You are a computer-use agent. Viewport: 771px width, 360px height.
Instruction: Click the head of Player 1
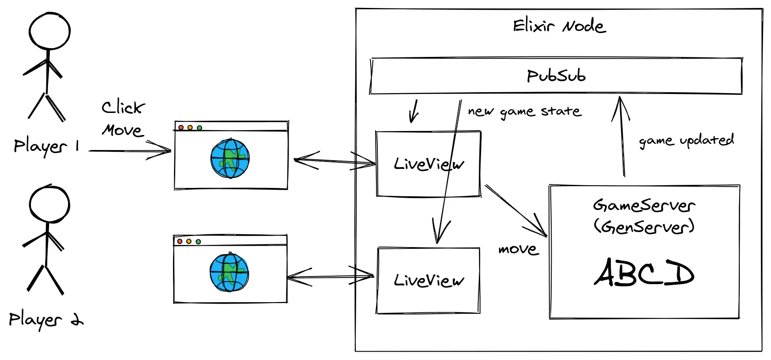tap(49, 31)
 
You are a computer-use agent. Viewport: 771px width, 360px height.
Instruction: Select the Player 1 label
tap(46, 146)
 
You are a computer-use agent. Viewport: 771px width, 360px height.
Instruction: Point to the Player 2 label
tap(45, 319)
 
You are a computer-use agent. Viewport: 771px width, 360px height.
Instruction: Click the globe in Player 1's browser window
tap(230, 158)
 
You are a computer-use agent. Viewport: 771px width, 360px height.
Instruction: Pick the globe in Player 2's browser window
tap(229, 272)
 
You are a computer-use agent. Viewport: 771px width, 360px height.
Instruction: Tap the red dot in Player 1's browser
tap(181, 127)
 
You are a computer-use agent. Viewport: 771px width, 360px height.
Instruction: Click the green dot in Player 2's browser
tap(198, 242)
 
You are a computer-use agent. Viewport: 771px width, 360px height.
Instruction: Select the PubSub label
tap(556, 76)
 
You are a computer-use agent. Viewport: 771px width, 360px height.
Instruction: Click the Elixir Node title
tap(559, 26)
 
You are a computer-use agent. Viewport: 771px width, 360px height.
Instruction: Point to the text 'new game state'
tap(525, 112)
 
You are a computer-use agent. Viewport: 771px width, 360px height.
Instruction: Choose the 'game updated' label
tap(686, 141)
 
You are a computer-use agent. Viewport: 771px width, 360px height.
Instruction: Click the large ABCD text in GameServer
tap(644, 272)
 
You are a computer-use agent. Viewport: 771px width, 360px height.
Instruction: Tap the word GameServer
tap(644, 205)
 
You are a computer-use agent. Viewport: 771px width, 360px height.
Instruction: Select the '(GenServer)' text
tap(644, 227)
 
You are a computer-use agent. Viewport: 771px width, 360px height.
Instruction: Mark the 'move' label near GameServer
tap(519, 250)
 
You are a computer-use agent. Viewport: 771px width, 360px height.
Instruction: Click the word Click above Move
tap(123, 107)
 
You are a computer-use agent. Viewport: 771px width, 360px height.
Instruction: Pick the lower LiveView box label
tap(429, 281)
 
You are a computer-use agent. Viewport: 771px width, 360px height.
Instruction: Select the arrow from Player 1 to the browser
tap(130, 150)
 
